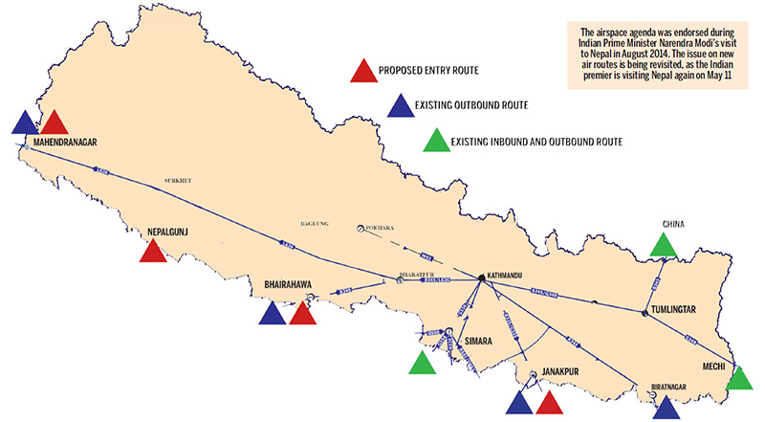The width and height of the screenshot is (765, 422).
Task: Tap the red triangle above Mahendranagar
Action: [55, 122]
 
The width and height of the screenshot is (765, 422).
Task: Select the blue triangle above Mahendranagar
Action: [26, 122]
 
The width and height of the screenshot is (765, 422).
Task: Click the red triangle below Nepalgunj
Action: [152, 252]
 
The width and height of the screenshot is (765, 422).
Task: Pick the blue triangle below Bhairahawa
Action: [273, 314]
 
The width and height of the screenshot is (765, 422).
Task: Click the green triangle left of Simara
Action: [422, 364]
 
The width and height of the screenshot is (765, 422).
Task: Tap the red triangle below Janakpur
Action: [548, 404]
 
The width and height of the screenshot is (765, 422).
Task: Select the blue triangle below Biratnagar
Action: [667, 409]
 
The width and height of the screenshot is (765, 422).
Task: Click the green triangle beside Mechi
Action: [740, 380]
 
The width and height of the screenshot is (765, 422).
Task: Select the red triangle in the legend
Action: [361, 72]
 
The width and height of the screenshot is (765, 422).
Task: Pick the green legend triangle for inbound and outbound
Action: [434, 141]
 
